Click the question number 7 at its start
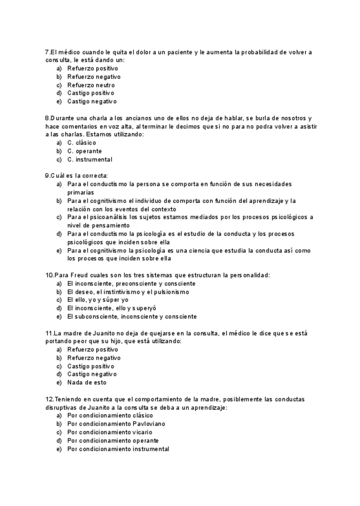coord(47,52)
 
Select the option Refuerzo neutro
coord(91,85)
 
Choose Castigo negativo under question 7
coord(91,101)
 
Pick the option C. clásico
coord(81,143)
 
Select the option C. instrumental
coord(89,159)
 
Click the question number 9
coord(47,175)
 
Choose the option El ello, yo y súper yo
coord(97,300)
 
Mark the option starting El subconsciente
coord(131,317)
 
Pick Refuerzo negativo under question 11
coord(94,358)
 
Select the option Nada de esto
coord(87,382)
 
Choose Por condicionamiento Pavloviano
coord(116,424)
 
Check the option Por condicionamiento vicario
coord(109,432)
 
